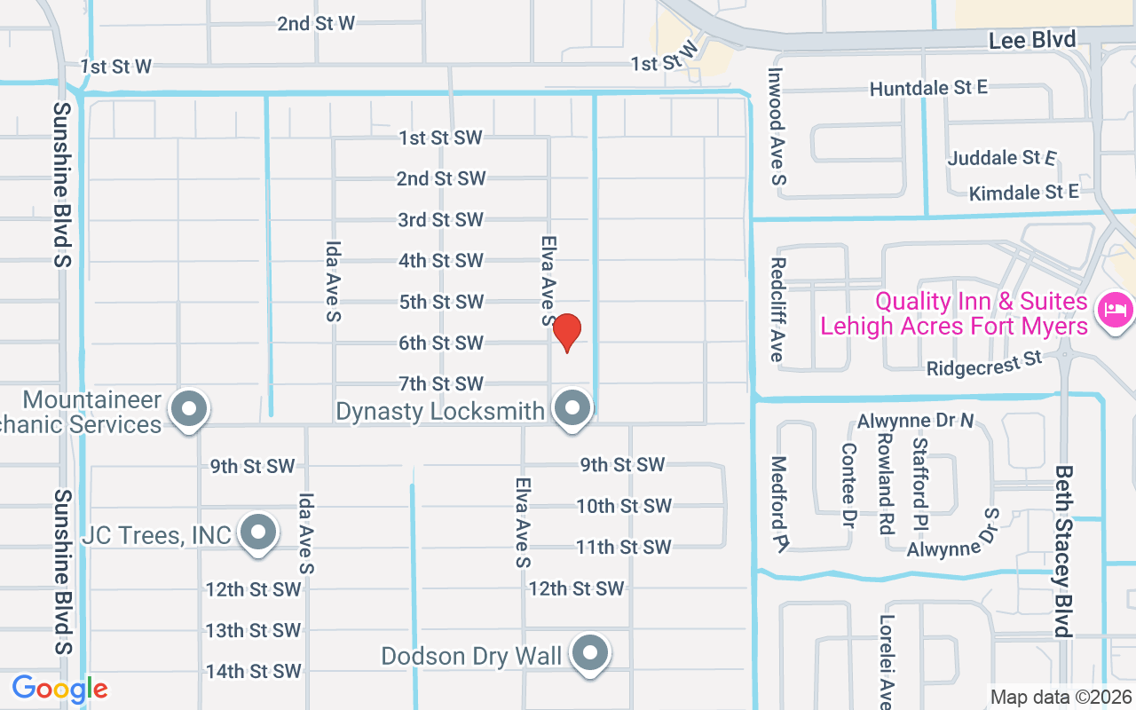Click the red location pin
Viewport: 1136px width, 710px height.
point(567,332)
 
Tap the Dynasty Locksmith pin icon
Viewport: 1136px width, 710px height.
point(572,409)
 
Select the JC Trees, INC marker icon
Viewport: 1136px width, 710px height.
point(258,533)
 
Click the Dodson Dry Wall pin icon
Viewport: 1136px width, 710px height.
point(590,654)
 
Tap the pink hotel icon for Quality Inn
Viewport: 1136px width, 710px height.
point(1115,311)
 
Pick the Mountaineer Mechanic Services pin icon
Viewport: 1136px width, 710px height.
point(188,409)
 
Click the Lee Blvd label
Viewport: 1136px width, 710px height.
point(1032,40)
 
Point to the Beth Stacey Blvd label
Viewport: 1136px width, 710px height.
point(1064,550)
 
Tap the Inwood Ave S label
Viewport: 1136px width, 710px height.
point(777,127)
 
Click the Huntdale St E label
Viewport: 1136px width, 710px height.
point(928,89)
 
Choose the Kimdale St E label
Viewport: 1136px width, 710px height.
point(1023,193)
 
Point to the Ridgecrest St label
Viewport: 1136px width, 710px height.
point(983,364)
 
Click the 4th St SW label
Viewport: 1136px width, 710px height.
point(441,260)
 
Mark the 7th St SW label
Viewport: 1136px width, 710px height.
point(441,383)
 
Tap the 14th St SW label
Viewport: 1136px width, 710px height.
point(254,671)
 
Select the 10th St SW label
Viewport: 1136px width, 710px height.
point(624,506)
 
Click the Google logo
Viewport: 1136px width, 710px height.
point(59,688)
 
